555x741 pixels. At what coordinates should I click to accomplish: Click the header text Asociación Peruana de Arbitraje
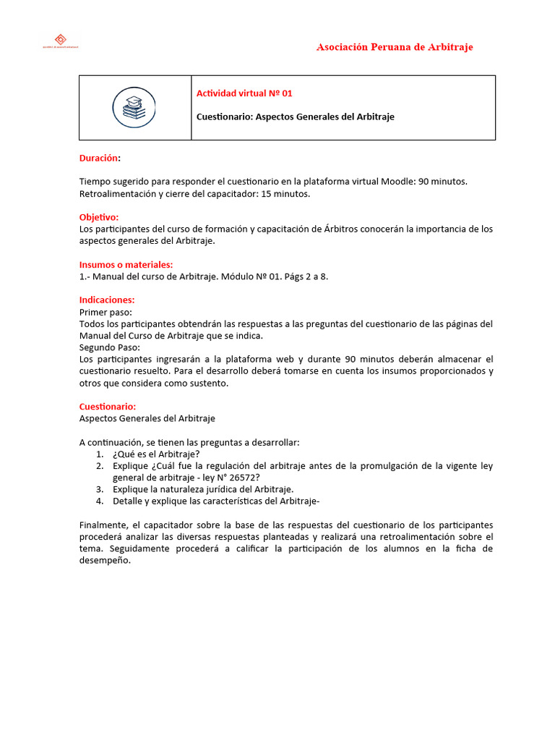point(395,47)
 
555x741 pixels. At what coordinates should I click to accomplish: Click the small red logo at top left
point(61,41)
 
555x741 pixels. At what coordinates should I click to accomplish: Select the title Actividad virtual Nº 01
point(244,93)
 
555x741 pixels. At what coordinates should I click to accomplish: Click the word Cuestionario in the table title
point(223,117)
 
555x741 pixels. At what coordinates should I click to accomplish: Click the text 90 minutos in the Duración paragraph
point(444,181)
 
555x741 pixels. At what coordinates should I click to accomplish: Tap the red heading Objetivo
point(99,217)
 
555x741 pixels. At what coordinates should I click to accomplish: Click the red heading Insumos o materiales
point(126,264)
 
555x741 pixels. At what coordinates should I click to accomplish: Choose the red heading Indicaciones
point(107,300)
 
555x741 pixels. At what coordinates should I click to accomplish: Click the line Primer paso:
point(106,312)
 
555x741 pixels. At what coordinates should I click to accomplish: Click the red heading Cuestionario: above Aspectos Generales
point(107,407)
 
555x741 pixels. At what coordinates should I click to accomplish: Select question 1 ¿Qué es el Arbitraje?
point(156,454)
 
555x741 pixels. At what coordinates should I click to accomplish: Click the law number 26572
point(244,478)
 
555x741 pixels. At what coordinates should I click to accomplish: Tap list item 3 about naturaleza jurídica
point(203,489)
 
